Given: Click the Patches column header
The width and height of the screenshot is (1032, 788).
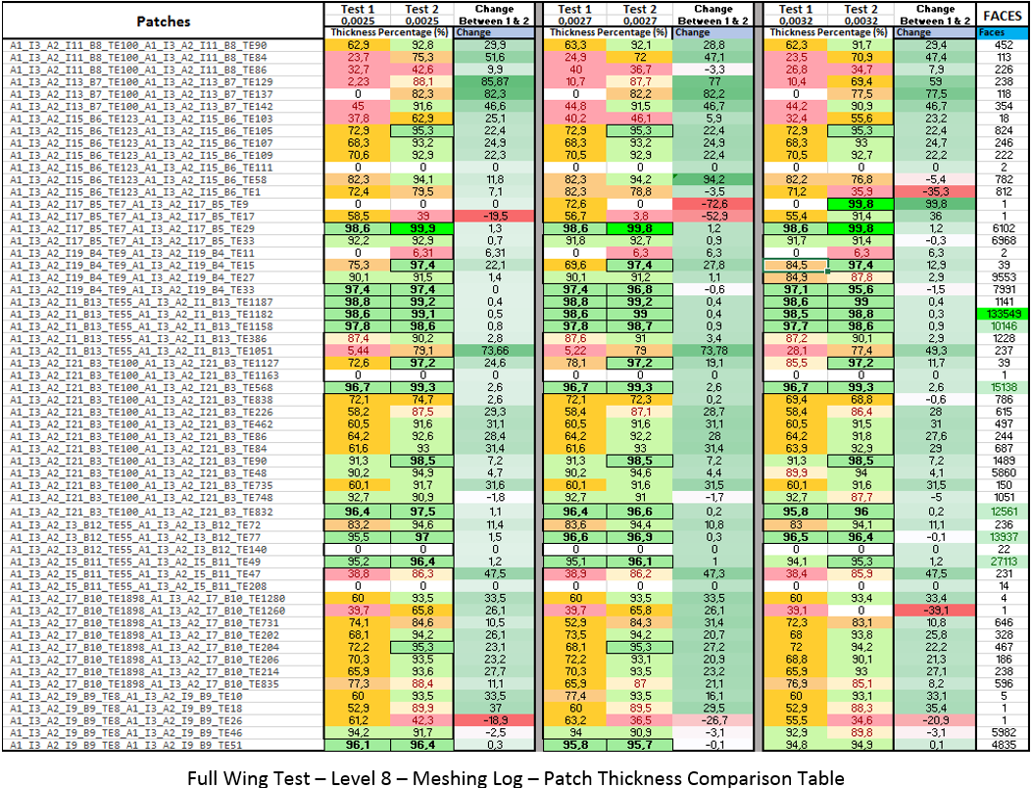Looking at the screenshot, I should [164, 21].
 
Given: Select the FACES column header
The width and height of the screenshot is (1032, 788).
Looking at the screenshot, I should [1003, 15].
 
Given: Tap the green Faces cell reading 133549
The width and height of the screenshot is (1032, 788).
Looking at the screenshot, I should [1003, 314].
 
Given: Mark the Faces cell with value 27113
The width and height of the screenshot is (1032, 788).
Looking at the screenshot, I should [1003, 562].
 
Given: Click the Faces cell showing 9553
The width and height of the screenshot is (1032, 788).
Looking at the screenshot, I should [1003, 277].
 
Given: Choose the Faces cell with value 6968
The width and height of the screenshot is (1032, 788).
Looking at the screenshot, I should [1003, 241].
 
